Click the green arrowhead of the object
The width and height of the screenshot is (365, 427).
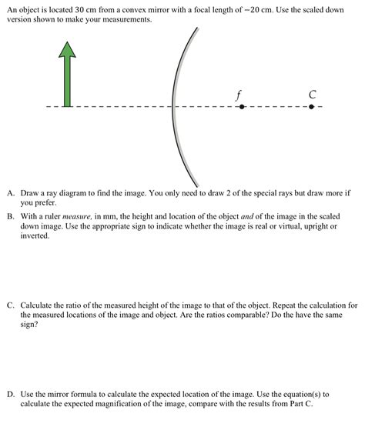[68, 50]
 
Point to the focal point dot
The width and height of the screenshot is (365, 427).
[241, 107]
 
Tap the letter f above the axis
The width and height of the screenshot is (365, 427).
[240, 94]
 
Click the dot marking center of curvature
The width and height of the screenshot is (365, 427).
[311, 107]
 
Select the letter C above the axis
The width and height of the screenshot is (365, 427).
[312, 94]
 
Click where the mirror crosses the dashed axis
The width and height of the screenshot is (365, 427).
[172, 107]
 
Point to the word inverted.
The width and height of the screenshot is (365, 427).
[35, 236]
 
